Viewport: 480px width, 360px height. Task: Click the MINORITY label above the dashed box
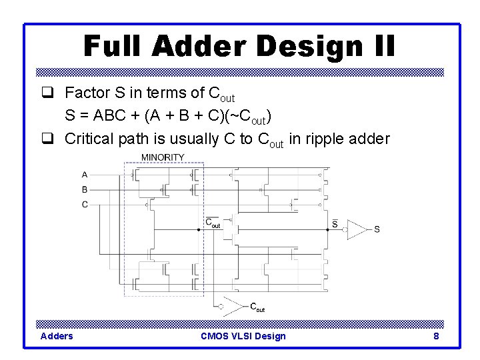[163, 157]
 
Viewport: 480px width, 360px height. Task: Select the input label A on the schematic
[85, 175]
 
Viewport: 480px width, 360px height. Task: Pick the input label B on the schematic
[85, 189]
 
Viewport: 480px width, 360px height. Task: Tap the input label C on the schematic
[85, 205]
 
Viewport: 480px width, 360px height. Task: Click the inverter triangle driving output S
[357, 229]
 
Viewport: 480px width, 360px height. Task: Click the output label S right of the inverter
[377, 229]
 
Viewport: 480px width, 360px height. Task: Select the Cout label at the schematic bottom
[257, 307]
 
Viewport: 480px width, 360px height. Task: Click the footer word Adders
[57, 336]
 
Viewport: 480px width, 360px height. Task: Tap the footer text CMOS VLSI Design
[243, 336]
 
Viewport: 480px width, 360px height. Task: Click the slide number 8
[436, 336]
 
